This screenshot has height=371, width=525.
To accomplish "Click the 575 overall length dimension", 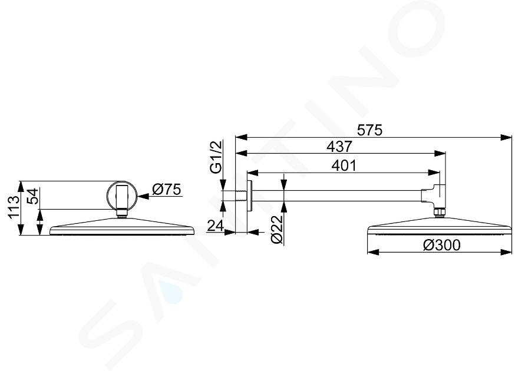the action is pyautogui.click(x=369, y=130).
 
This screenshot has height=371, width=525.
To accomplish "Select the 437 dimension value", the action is pyautogui.click(x=339, y=147).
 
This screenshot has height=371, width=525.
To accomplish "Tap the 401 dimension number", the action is pyautogui.click(x=344, y=165).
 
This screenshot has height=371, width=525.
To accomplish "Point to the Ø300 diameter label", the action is pyautogui.click(x=442, y=245).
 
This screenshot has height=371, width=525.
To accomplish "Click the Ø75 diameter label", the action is pyautogui.click(x=166, y=190).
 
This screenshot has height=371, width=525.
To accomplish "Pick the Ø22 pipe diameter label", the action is pyautogui.click(x=277, y=229).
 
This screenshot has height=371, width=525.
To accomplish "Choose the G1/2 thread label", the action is pyautogui.click(x=216, y=157).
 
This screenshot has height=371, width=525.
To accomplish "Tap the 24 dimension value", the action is pyautogui.click(x=216, y=226).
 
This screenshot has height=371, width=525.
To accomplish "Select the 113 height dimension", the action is pyautogui.click(x=14, y=207).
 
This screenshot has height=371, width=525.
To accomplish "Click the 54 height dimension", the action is pyautogui.click(x=34, y=197).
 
